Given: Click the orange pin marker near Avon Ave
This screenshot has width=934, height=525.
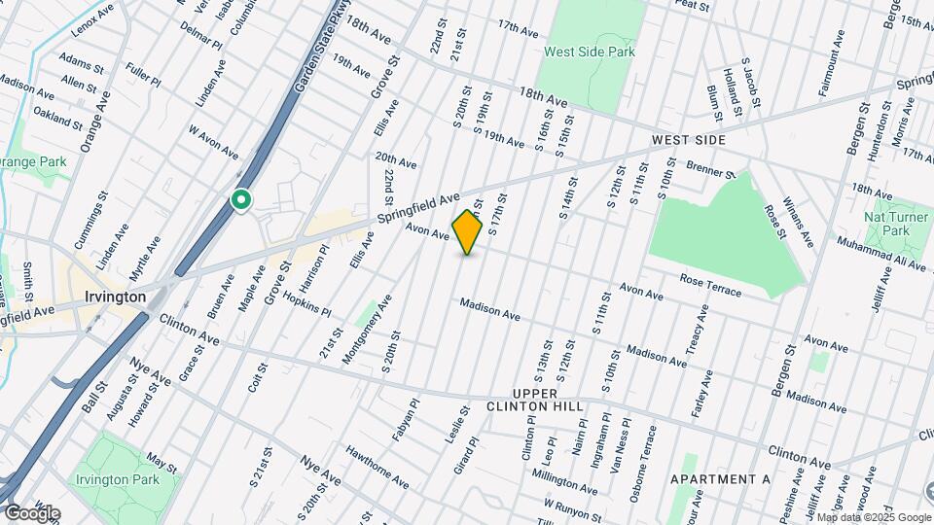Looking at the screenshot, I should (468, 232).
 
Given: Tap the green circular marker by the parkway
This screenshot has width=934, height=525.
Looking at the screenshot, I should (240, 200).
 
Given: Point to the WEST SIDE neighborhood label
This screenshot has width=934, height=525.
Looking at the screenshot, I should (689, 141).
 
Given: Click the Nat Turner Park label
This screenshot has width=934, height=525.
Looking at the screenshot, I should (886, 224).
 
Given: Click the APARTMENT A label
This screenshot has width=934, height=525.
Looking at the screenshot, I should (720, 479).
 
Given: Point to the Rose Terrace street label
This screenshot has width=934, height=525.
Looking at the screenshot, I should (710, 286).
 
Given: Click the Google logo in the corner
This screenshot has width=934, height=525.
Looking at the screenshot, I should (31, 513).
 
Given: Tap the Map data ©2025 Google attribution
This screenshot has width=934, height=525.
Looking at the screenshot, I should (874, 517).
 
